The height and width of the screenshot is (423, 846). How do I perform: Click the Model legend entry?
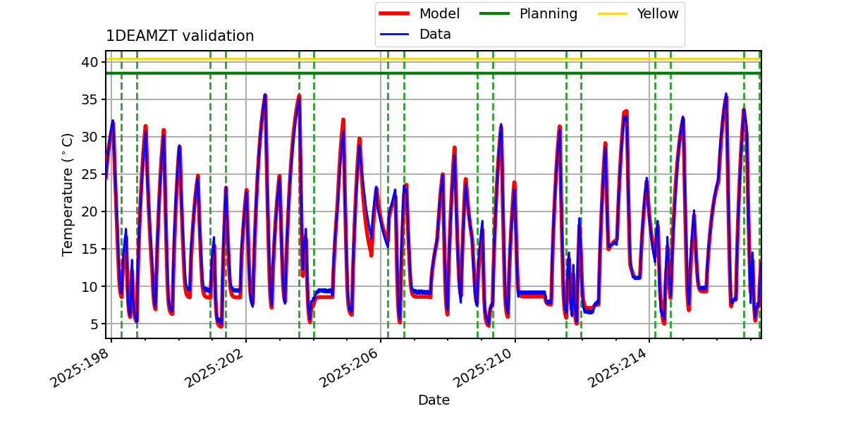[x=439, y=14]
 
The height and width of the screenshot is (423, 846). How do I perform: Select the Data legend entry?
[x=435, y=35]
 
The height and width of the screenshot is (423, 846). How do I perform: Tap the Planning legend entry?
[x=548, y=14]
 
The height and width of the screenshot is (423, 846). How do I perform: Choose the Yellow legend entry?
[x=657, y=14]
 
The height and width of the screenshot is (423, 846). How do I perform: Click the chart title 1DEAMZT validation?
[x=180, y=37]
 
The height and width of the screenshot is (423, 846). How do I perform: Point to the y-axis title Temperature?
[x=68, y=194]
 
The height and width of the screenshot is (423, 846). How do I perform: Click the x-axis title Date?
[x=434, y=400]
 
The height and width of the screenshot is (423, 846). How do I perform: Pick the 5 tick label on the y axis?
[x=92, y=324]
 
